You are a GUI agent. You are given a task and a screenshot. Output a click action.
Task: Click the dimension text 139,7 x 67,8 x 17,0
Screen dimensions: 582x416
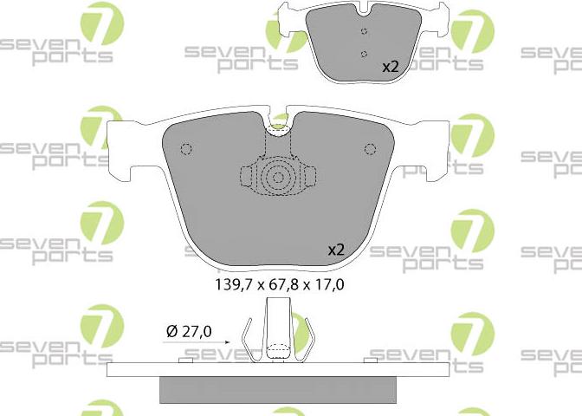click(x=280, y=285)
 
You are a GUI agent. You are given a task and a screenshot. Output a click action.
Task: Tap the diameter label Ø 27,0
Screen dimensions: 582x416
click(x=189, y=331)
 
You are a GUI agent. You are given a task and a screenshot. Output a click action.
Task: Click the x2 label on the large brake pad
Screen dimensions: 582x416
click(x=336, y=250)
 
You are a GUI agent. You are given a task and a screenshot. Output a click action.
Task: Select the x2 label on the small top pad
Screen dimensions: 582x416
click(x=391, y=67)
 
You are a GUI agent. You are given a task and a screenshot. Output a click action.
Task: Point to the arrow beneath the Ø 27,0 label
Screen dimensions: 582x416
click(x=197, y=342)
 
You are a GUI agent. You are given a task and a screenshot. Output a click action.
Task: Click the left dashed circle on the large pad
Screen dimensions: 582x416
click(x=186, y=149)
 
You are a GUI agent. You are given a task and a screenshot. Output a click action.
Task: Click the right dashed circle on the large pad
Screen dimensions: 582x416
click(x=370, y=149)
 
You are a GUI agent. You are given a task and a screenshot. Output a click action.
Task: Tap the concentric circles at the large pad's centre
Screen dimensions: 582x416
click(x=278, y=178)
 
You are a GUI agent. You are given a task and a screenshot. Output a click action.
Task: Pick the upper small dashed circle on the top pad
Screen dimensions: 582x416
click(x=364, y=31)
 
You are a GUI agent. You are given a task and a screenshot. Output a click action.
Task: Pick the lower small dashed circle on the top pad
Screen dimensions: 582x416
click(x=364, y=55)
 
